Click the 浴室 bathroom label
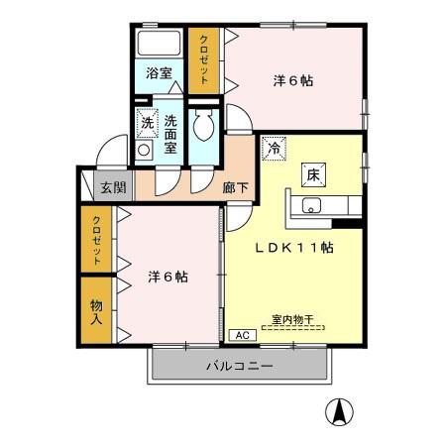coord(159,73)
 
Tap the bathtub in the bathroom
coord(158,45)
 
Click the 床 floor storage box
coord(311,174)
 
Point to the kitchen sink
coord(311,206)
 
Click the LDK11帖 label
coord(298,249)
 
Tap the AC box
coord(243,335)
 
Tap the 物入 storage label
coord(97,311)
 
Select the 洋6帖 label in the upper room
coord(292,82)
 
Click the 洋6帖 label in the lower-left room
coord(167,277)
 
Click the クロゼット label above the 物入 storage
coord(97,239)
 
